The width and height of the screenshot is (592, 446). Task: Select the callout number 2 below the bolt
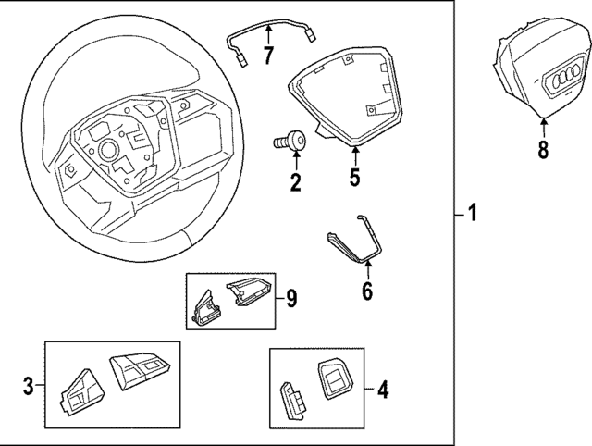295,181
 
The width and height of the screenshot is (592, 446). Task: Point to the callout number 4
382,390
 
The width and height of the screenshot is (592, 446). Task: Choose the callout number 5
355,176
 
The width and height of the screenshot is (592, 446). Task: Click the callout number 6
366,292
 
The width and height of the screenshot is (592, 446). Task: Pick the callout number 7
268,56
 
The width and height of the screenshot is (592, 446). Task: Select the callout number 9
290,298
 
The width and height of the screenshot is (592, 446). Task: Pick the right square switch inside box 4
333,377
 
